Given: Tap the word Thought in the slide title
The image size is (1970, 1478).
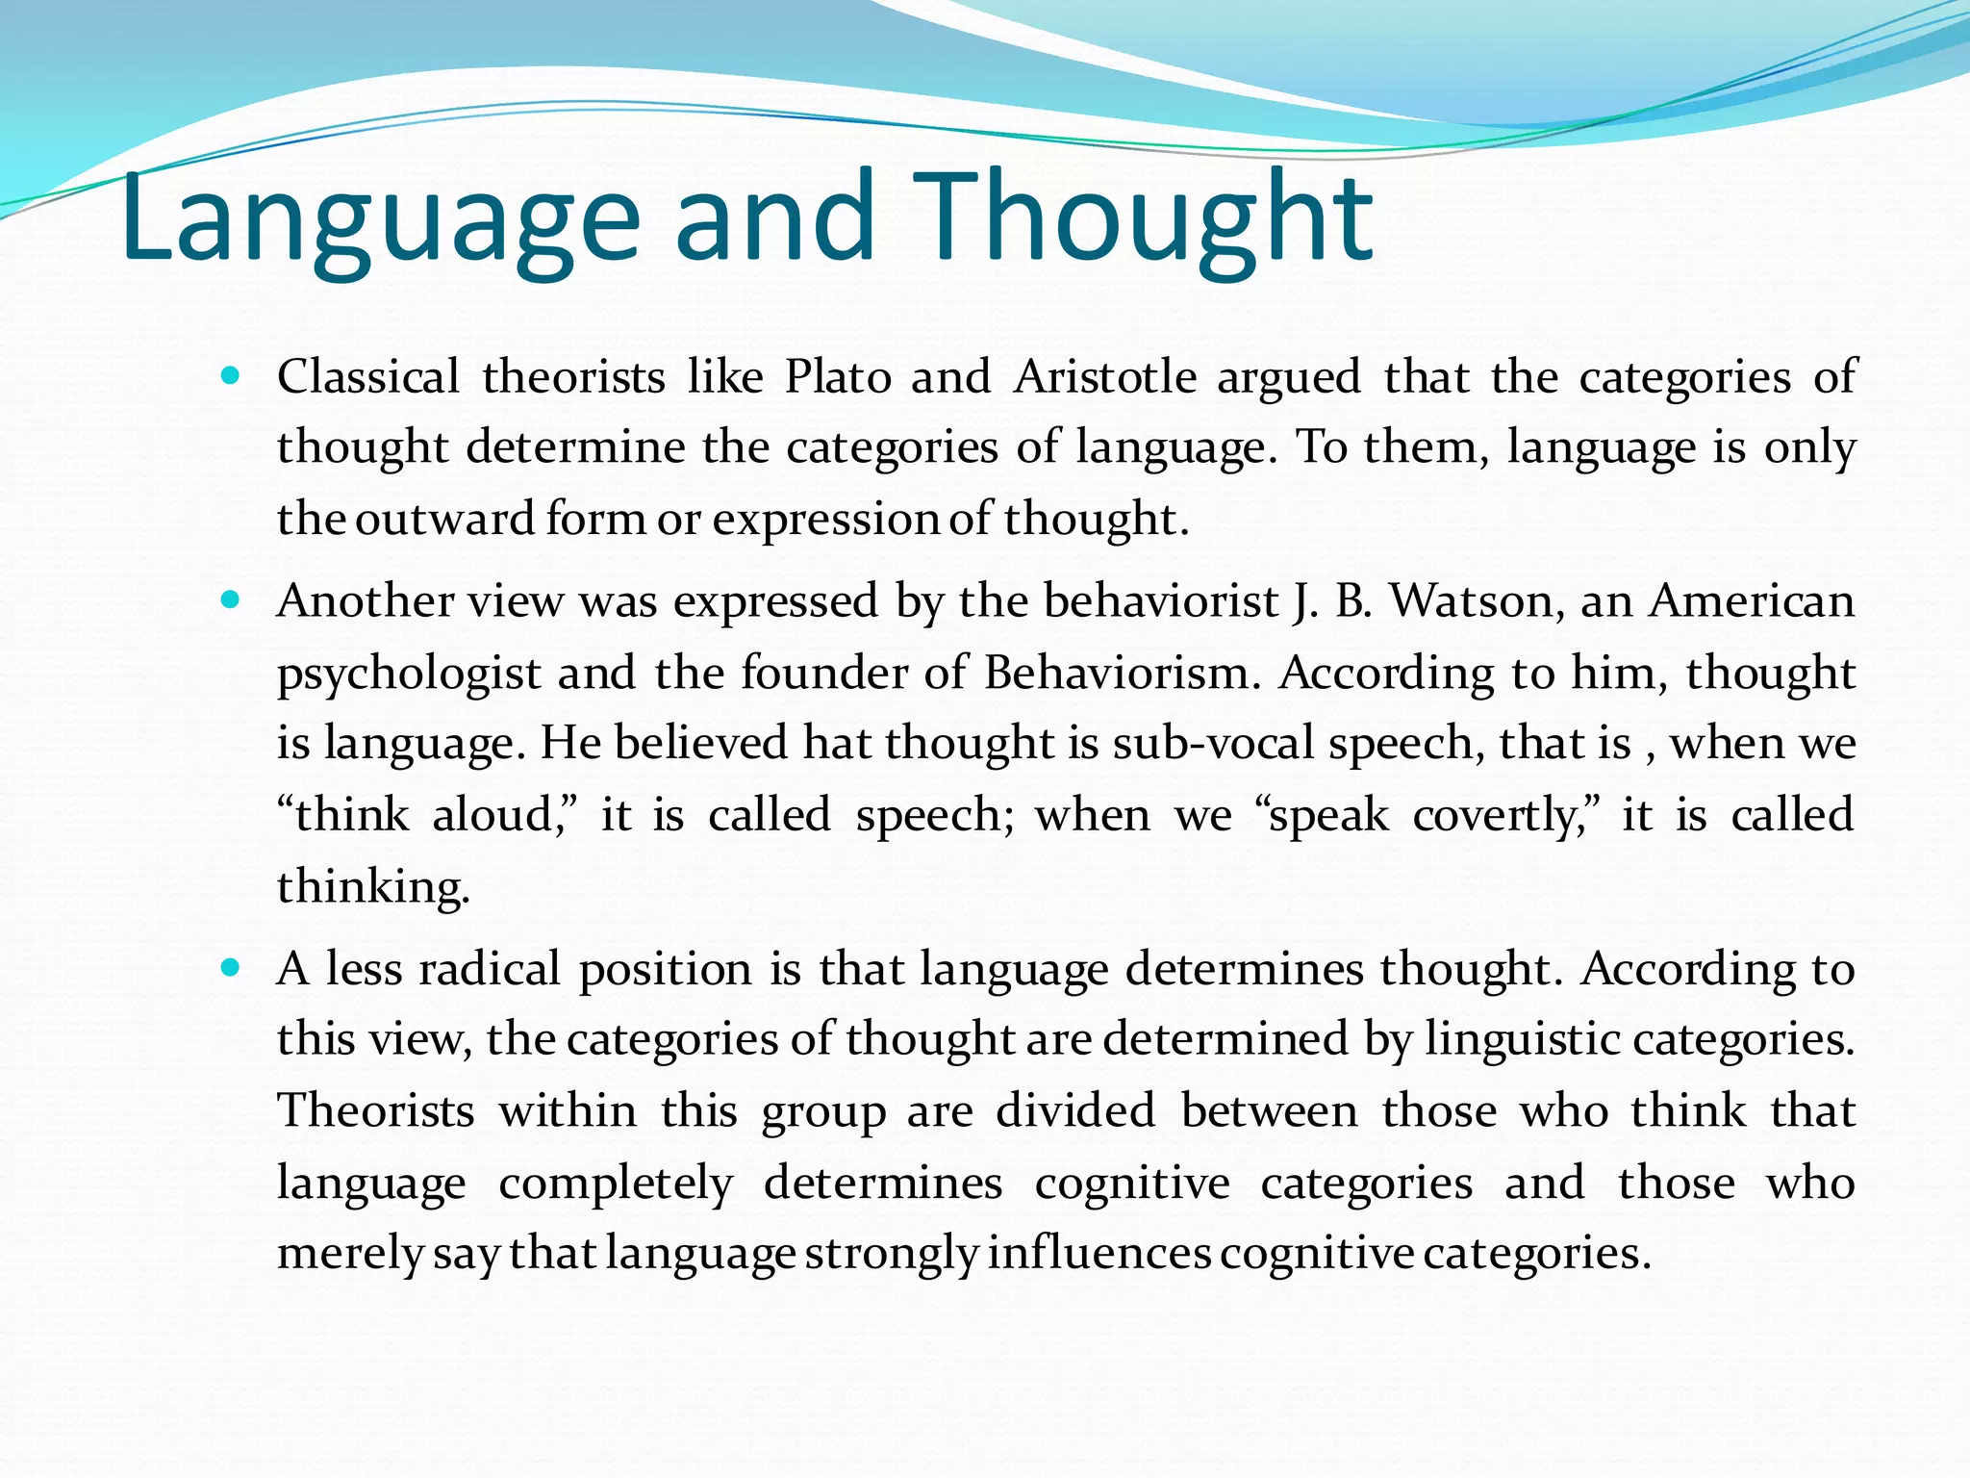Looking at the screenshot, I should coord(1134,219).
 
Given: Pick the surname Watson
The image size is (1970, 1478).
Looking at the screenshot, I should coord(1473,601).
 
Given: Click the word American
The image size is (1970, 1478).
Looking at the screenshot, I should coord(1752,601).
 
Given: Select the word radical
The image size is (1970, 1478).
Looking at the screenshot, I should coord(490,968).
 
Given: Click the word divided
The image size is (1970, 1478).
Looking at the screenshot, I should coord(1075,1110).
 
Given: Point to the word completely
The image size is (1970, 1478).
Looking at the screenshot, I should coord(616,1184).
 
